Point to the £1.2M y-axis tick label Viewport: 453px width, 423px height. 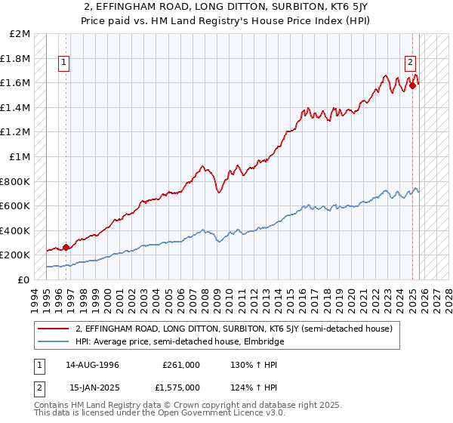click(17, 132)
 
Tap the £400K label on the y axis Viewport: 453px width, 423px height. click(17, 230)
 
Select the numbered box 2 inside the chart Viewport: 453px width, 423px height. click(410, 63)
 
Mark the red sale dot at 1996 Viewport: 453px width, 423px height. click(66, 246)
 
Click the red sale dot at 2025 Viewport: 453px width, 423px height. click(413, 85)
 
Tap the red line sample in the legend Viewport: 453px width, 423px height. click(54, 329)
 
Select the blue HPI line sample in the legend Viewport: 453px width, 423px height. click(54, 341)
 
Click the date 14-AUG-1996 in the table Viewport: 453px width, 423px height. click(94, 364)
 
